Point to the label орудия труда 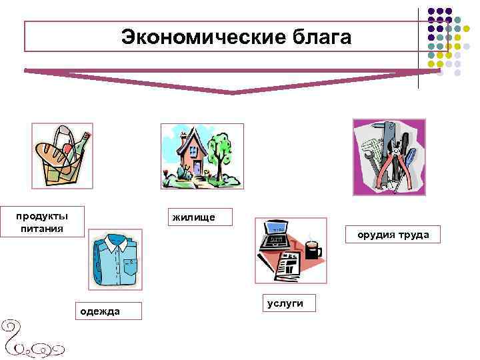pyautogui.click(x=393, y=235)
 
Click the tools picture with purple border pyautogui.click(x=389, y=157)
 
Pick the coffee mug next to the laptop pyautogui.click(x=312, y=249)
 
